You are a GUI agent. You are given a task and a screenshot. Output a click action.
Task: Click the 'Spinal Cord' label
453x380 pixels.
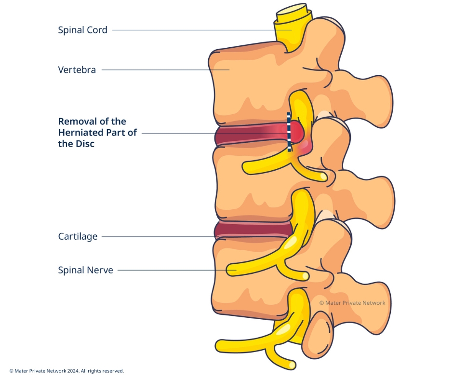pos(83,30)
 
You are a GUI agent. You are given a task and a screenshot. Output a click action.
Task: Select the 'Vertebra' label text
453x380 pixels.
pos(77,70)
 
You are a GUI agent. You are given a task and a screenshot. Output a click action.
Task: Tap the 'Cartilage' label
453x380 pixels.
pos(78,236)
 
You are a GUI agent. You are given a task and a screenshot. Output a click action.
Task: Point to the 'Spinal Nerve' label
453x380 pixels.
pos(85,270)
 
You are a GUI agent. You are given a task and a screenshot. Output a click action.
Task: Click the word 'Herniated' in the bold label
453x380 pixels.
pos(83,133)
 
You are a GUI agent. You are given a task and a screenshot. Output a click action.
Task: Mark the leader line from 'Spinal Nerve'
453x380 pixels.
pos(169,271)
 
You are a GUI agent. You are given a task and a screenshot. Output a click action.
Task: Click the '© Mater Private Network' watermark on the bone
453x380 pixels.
pos(352,303)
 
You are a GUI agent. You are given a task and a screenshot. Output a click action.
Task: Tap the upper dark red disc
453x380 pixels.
pos(246,136)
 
